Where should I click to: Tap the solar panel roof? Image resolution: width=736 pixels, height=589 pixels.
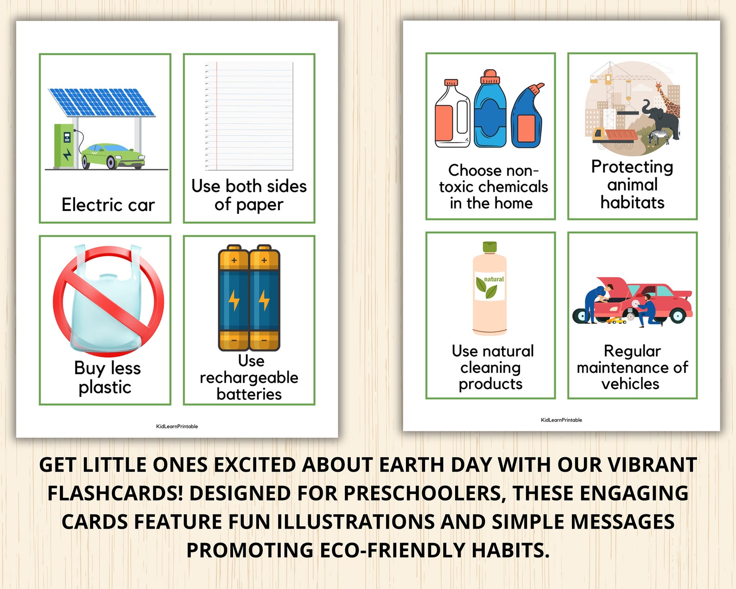point(102,102)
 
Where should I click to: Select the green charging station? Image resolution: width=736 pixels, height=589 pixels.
point(64,146)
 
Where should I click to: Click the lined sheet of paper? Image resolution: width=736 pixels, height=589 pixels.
point(249,116)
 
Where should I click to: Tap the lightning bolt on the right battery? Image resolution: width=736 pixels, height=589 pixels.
point(264,300)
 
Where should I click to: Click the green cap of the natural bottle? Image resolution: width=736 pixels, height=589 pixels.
point(490,246)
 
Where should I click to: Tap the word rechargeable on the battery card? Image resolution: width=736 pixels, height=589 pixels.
point(249,378)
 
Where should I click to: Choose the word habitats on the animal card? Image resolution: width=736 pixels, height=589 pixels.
point(632,202)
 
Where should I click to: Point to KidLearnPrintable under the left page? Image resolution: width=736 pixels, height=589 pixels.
point(177,426)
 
